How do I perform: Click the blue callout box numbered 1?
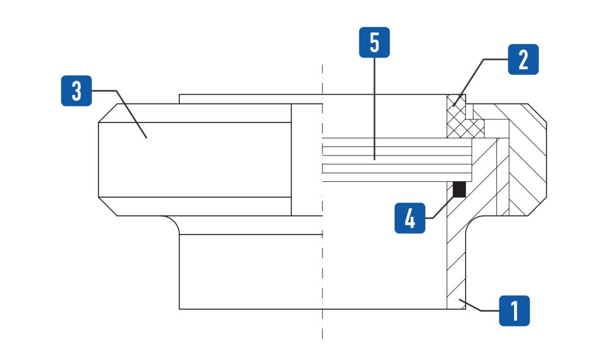(x=515, y=311)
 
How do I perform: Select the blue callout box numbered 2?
(x=523, y=59)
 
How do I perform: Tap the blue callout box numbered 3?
(x=76, y=91)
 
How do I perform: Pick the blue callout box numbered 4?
(x=410, y=218)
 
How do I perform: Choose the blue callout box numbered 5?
(x=375, y=42)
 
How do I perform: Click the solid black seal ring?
(x=460, y=189)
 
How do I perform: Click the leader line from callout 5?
(x=375, y=108)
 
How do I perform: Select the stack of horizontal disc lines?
(x=397, y=160)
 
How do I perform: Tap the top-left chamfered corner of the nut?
(x=108, y=113)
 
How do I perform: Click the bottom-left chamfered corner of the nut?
(x=108, y=206)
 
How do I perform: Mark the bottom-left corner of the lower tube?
(x=179, y=309)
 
